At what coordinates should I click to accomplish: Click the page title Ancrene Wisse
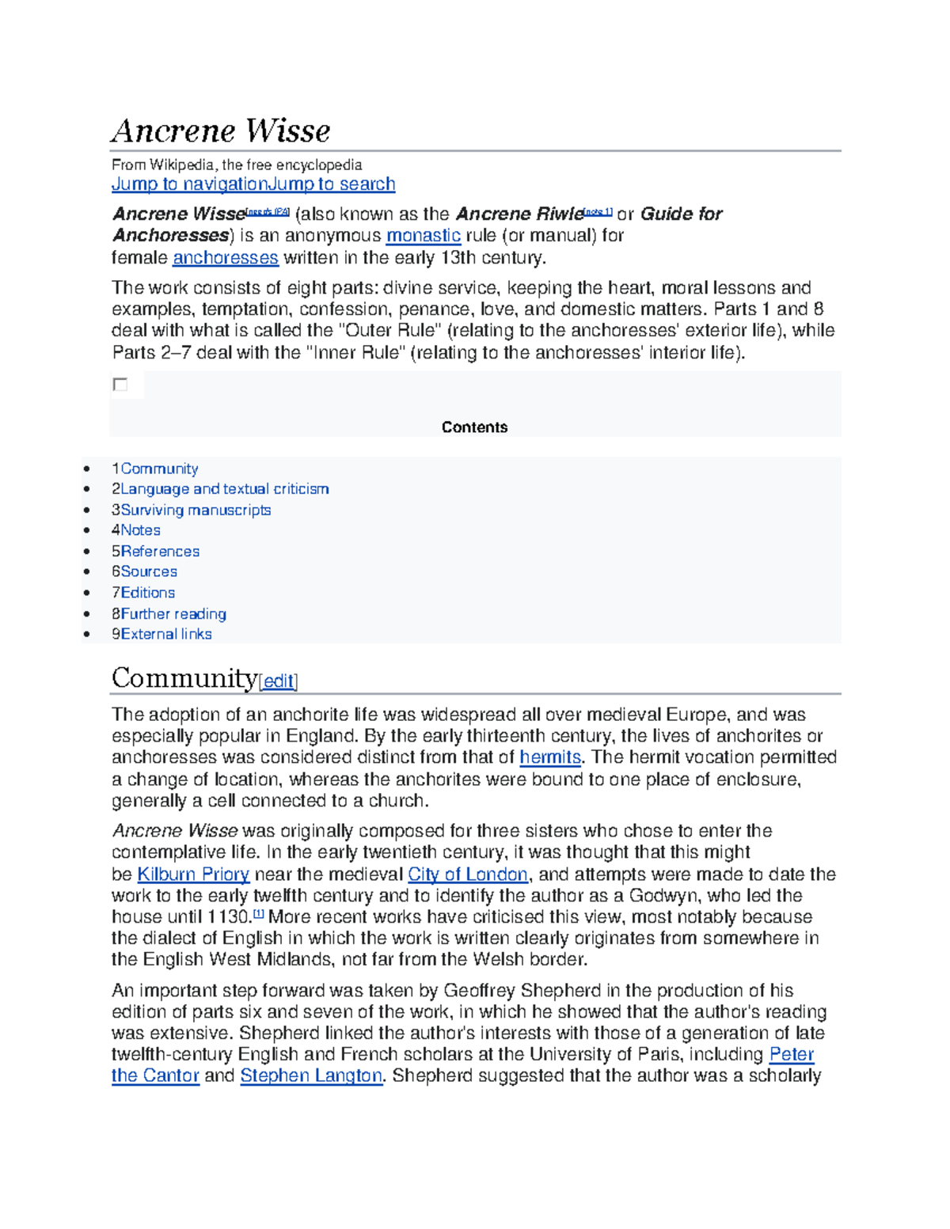(x=221, y=131)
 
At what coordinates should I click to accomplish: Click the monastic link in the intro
(x=423, y=236)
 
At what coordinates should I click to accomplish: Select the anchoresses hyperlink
(x=226, y=258)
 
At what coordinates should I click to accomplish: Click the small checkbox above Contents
(x=120, y=385)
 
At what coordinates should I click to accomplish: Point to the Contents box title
(x=474, y=427)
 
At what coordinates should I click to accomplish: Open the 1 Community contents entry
(x=155, y=469)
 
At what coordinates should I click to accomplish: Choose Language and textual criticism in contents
(x=221, y=489)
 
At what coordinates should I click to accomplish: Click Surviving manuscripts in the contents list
(x=192, y=510)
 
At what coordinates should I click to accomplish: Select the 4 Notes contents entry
(x=136, y=530)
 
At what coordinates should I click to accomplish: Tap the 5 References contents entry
(x=156, y=552)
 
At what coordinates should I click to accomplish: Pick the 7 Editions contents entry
(x=143, y=593)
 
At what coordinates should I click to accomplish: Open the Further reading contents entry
(x=169, y=614)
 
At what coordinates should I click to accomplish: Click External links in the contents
(x=162, y=634)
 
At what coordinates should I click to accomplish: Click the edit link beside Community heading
(x=278, y=681)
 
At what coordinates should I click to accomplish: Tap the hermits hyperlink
(x=550, y=757)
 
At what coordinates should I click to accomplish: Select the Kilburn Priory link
(x=193, y=874)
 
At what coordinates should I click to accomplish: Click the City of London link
(x=468, y=874)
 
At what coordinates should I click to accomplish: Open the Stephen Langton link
(x=312, y=1076)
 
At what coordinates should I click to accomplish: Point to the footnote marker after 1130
(x=258, y=915)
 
